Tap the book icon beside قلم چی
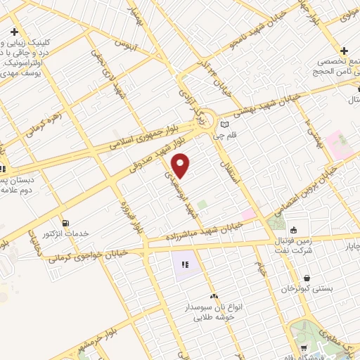(x=224, y=124)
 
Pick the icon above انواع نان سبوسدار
(x=214, y=297)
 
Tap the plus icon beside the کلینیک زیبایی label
(x=14, y=32)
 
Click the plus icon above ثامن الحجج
(x=344, y=51)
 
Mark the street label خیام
(x=260, y=266)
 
